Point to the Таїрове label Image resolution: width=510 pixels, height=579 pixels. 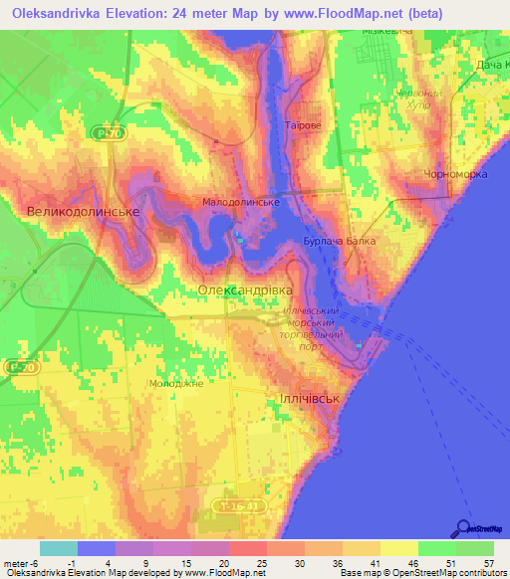point(302,127)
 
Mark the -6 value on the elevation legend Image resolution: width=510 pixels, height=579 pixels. point(39,564)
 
